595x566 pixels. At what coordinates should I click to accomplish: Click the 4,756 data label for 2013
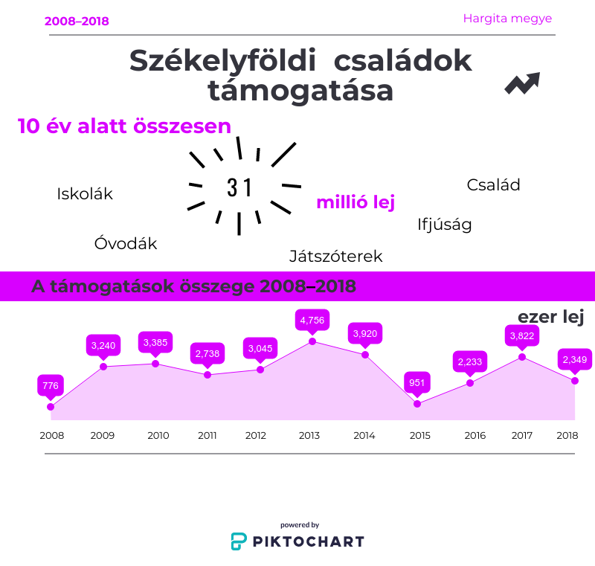pyautogui.click(x=312, y=321)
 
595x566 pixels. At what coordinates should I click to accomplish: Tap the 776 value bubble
pyautogui.click(x=51, y=385)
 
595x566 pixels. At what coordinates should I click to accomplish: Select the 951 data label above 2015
pyautogui.click(x=417, y=383)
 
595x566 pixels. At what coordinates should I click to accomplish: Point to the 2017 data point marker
pyautogui.click(x=522, y=357)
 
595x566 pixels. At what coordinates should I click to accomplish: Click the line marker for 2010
pyautogui.click(x=155, y=364)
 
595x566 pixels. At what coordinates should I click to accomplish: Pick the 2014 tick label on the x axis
pyautogui.click(x=364, y=435)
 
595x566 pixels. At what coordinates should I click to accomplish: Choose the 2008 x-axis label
pyautogui.click(x=51, y=435)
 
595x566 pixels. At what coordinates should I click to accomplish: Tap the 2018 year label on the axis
pyautogui.click(x=567, y=435)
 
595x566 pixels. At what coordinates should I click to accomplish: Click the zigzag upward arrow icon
pyautogui.click(x=522, y=83)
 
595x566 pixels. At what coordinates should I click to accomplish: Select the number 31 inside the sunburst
pyautogui.click(x=239, y=188)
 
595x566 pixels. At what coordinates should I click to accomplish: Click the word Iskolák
pyautogui.click(x=85, y=194)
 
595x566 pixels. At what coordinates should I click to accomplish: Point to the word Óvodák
pyautogui.click(x=126, y=243)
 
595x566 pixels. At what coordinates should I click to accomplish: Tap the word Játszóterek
pyautogui.click(x=335, y=257)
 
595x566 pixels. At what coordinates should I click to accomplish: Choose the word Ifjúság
pyautogui.click(x=445, y=224)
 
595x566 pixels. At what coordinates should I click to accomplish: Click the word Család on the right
pyautogui.click(x=493, y=185)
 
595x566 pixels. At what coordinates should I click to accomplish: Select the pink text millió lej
pyautogui.click(x=355, y=202)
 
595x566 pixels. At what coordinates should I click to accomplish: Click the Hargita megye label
pyautogui.click(x=507, y=19)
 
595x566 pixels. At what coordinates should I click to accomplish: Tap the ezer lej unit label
pyautogui.click(x=550, y=318)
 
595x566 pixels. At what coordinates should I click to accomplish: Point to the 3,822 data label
pyautogui.click(x=522, y=336)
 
